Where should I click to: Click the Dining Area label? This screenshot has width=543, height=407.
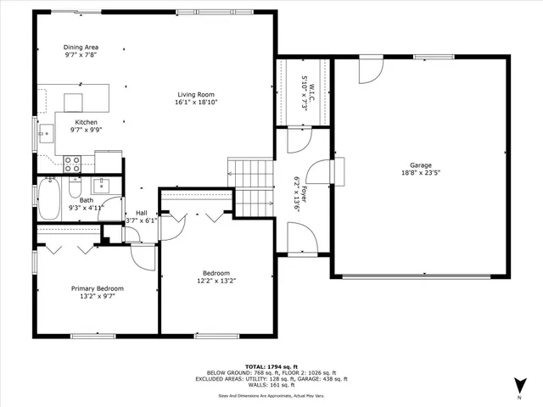coord(81,47)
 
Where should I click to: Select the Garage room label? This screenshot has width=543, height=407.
coord(421,165)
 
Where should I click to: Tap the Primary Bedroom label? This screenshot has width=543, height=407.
coord(97,288)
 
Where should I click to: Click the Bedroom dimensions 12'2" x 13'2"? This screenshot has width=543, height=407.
coord(216,281)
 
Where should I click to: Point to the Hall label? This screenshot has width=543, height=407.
coord(141,213)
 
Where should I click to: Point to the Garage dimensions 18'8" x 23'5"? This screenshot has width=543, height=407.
coord(421,173)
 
